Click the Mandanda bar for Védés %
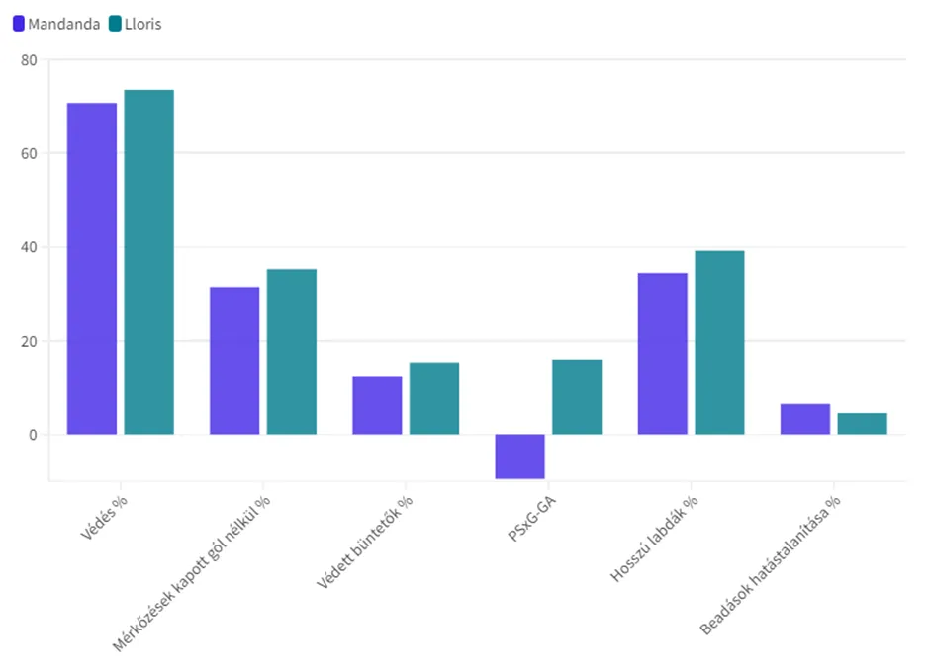[x=92, y=268]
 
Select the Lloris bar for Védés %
[x=148, y=262]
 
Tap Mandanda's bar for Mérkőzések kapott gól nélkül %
[x=234, y=360]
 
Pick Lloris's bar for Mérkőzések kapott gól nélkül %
[x=292, y=351]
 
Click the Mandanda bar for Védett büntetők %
[x=377, y=404]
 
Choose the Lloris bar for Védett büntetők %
[x=434, y=397]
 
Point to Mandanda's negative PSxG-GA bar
[x=519, y=457]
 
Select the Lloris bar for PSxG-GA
[x=577, y=396]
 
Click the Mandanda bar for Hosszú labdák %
[x=663, y=353]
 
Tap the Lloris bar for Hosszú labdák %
[x=719, y=342]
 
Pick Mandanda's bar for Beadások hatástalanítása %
[x=805, y=419]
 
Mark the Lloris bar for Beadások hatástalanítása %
[x=862, y=423]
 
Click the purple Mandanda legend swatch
[x=19, y=24]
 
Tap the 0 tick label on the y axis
[x=32, y=435]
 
